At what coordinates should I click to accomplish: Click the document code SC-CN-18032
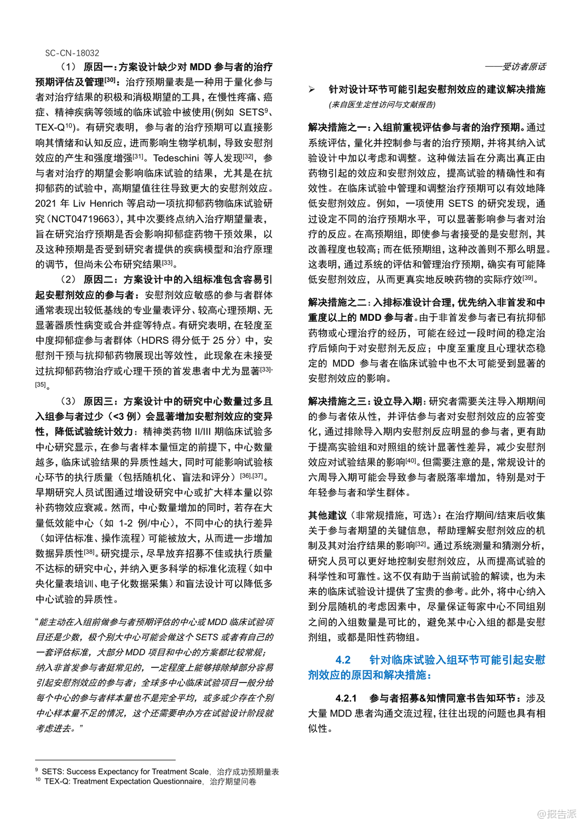point(72,53)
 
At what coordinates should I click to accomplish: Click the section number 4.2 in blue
point(343,660)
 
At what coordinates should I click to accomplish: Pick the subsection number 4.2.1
point(346,698)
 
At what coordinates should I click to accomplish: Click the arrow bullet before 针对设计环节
point(312,90)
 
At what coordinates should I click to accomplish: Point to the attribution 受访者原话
point(524,67)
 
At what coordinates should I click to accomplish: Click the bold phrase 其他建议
point(327,515)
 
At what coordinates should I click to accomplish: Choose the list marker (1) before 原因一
point(68,67)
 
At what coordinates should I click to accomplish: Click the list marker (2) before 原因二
point(68,280)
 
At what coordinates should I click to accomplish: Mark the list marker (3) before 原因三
point(68,401)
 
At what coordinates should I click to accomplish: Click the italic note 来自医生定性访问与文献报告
point(382,105)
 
